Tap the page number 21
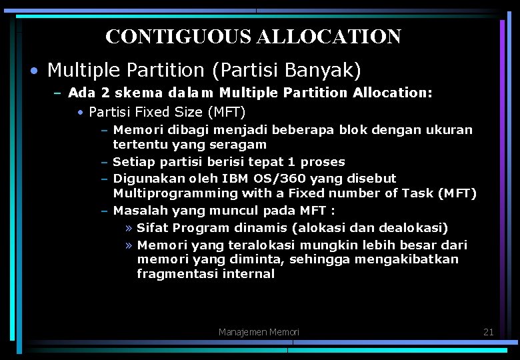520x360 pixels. [x=488, y=331]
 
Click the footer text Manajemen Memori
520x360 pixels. [x=259, y=332]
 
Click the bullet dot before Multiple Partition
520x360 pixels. [x=33, y=71]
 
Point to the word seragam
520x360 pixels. [x=237, y=145]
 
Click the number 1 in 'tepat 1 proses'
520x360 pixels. [x=292, y=162]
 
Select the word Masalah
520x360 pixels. [x=141, y=211]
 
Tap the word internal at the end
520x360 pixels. [x=249, y=274]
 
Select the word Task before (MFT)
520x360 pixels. [x=417, y=194]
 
